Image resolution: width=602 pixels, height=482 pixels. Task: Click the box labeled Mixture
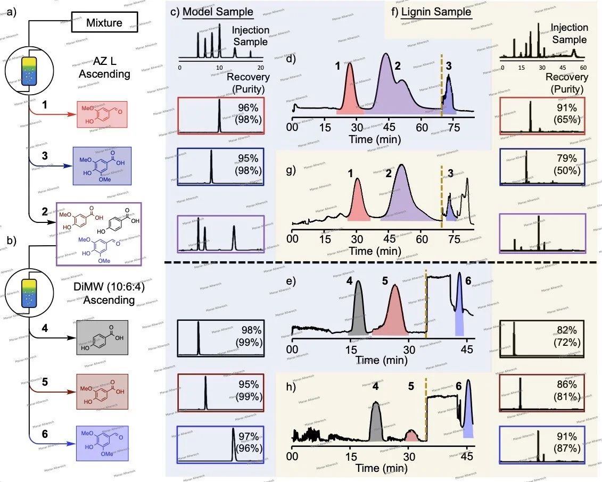coord(104,23)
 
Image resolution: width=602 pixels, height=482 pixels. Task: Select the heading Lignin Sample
coord(436,12)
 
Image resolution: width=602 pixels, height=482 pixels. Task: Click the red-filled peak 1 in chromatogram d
coord(350,93)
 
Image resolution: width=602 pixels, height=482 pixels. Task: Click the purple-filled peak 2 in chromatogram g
coord(402,197)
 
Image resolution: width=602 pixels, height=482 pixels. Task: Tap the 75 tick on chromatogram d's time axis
coord(453,128)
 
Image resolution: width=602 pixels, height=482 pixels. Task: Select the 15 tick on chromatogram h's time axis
coord(351,456)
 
